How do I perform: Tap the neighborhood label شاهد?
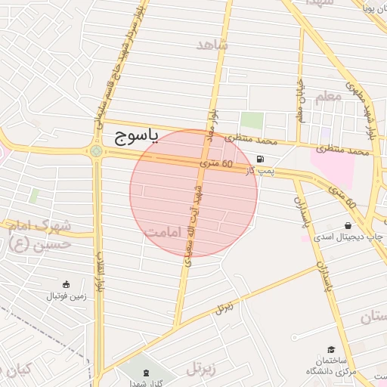212,45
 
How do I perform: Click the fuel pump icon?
261,159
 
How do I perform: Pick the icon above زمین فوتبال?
67,285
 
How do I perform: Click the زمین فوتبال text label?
68,296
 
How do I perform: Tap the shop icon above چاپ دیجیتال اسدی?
348,225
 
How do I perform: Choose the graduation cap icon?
332,348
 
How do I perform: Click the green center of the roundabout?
96,150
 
